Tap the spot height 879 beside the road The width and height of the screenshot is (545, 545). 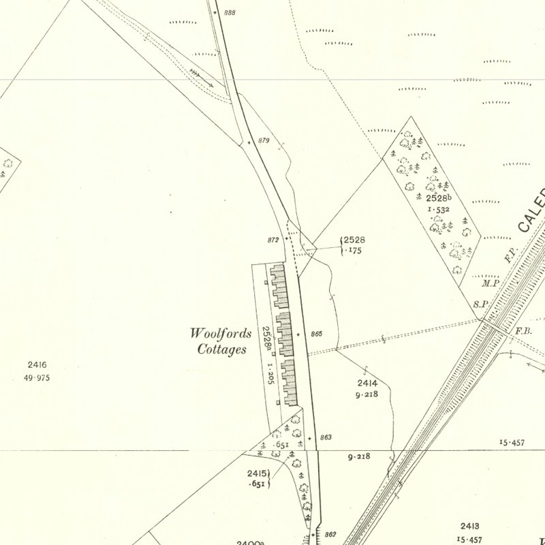pos(264,141)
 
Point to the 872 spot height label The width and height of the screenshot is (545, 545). pos(273,240)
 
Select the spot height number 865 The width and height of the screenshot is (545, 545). pos(315,334)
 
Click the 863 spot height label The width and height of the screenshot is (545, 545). pos(324,437)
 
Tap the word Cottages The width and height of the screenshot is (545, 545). pos(221,350)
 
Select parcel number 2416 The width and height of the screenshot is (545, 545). pos(37,365)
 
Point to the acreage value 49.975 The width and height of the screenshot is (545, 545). pos(39,378)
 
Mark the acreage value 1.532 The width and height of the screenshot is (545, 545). pos(438,210)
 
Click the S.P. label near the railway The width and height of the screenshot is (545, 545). pos(480,305)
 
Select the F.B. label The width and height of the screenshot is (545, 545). pos(523,331)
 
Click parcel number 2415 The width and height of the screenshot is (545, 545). pos(257,473)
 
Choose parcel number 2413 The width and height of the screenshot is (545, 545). pos(470,526)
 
